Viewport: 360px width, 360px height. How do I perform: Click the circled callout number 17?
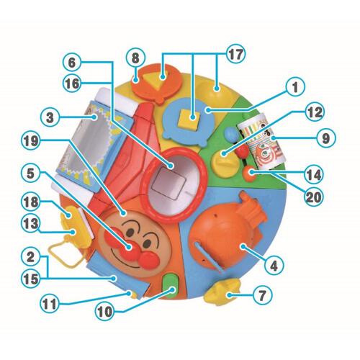tap(235, 55)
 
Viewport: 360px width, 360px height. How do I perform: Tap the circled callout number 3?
tap(50, 117)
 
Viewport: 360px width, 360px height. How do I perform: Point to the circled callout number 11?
tap(49, 304)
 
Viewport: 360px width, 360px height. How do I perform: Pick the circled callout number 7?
tap(263, 294)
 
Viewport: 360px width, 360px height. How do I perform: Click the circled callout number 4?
tap(274, 266)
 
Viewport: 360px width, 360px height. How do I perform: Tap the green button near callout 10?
tap(171, 286)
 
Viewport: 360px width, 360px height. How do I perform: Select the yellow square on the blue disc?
tap(189, 118)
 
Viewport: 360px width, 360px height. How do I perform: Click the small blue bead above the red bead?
tap(230, 135)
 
